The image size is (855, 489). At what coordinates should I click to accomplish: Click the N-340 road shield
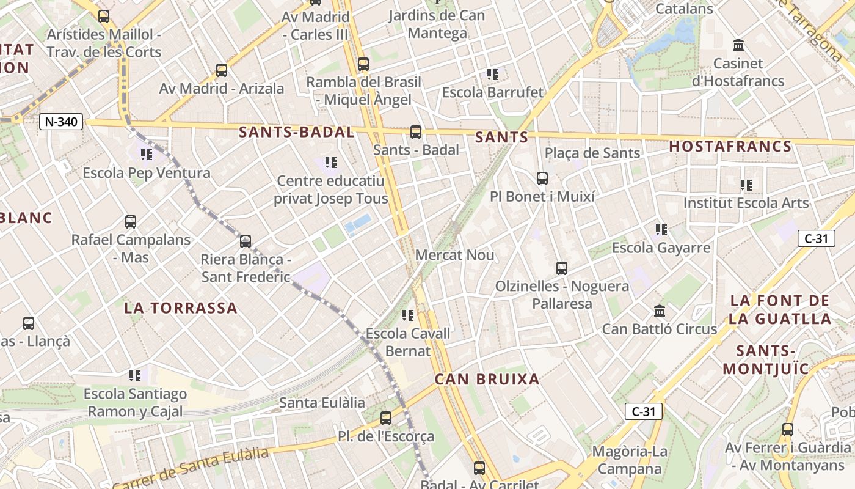point(61,122)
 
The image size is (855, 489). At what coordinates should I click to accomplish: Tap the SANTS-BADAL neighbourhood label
point(296,132)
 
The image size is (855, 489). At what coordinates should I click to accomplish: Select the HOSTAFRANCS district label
point(730,147)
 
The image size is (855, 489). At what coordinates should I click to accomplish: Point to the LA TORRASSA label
point(181,308)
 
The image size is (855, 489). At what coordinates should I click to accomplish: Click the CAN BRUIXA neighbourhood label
point(487,380)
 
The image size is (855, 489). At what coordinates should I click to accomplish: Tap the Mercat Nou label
point(454,255)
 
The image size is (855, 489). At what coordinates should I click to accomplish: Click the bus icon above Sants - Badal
point(416,131)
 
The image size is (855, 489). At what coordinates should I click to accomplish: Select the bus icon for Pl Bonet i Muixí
point(542,178)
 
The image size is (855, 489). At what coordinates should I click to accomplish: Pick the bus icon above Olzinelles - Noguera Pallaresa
point(562,268)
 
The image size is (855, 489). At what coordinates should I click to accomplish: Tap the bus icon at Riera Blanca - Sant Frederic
point(246,241)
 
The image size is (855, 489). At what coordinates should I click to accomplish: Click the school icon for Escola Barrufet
point(493,75)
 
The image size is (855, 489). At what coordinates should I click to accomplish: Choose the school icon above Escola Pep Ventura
point(147,155)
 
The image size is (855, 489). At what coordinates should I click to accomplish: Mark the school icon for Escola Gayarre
point(661,230)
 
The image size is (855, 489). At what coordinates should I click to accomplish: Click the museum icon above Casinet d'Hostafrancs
point(738,45)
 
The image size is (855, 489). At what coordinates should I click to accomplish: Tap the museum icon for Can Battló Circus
point(660,311)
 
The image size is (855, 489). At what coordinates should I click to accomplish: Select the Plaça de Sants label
point(592,153)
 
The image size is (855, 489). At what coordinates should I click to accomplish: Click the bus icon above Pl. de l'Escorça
point(386,418)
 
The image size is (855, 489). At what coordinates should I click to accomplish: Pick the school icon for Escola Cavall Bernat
point(408,315)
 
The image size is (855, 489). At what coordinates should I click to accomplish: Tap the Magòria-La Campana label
point(630,460)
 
